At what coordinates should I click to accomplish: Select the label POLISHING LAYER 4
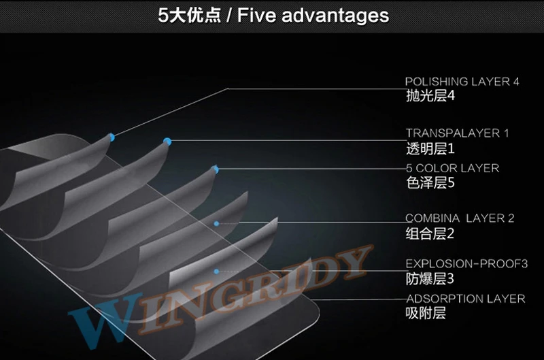(x=462, y=82)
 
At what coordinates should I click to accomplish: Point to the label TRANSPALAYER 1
(x=457, y=133)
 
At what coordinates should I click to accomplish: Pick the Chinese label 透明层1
(x=429, y=148)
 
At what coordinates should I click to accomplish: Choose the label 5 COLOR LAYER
(x=452, y=168)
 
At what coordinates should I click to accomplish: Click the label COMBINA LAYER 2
(x=460, y=218)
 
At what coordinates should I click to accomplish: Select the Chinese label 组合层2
(x=429, y=233)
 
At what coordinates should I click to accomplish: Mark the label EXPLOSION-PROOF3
(x=466, y=263)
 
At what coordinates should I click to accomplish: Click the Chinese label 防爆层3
(x=429, y=278)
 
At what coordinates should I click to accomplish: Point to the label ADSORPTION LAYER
(x=465, y=299)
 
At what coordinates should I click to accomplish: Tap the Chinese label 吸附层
(x=426, y=314)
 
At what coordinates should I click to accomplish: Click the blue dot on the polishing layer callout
(x=112, y=137)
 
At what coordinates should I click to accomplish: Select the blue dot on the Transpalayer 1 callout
(x=167, y=142)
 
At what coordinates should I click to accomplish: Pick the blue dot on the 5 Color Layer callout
(x=216, y=169)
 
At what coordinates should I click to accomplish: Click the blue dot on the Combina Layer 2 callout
(x=217, y=223)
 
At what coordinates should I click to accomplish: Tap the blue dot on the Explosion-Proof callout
(x=217, y=272)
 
